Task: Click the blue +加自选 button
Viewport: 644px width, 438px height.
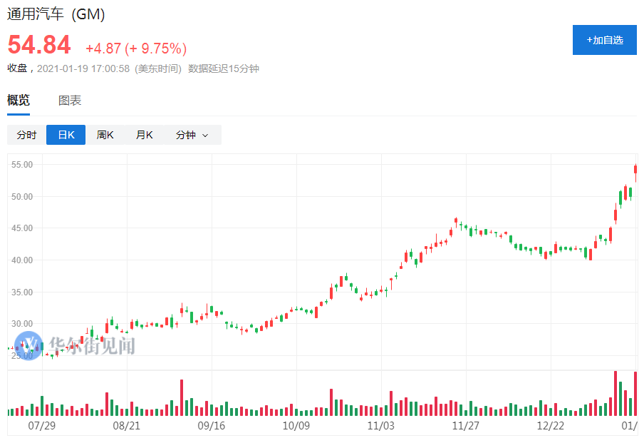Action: tap(604, 40)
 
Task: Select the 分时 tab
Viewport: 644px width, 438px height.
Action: tap(26, 135)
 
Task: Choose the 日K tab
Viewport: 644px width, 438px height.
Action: tap(66, 135)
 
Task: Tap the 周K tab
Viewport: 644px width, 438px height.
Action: tap(105, 135)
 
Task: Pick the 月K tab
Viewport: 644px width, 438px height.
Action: tap(144, 135)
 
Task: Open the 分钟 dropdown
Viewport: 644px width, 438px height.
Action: tap(192, 135)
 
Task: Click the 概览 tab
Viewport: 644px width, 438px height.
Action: tap(19, 101)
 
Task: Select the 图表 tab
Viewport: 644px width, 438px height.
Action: tap(70, 101)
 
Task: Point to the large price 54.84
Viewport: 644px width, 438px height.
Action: tap(39, 46)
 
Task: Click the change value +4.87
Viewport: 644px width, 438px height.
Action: tap(103, 49)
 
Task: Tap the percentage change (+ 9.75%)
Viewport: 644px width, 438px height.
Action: tap(156, 49)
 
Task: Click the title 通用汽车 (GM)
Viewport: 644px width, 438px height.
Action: tap(56, 14)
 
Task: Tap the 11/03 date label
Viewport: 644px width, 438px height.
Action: tap(381, 426)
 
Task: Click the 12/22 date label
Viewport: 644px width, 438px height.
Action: tap(550, 426)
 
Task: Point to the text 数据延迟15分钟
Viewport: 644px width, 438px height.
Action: tap(223, 68)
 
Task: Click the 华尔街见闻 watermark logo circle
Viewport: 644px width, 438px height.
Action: tap(28, 346)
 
